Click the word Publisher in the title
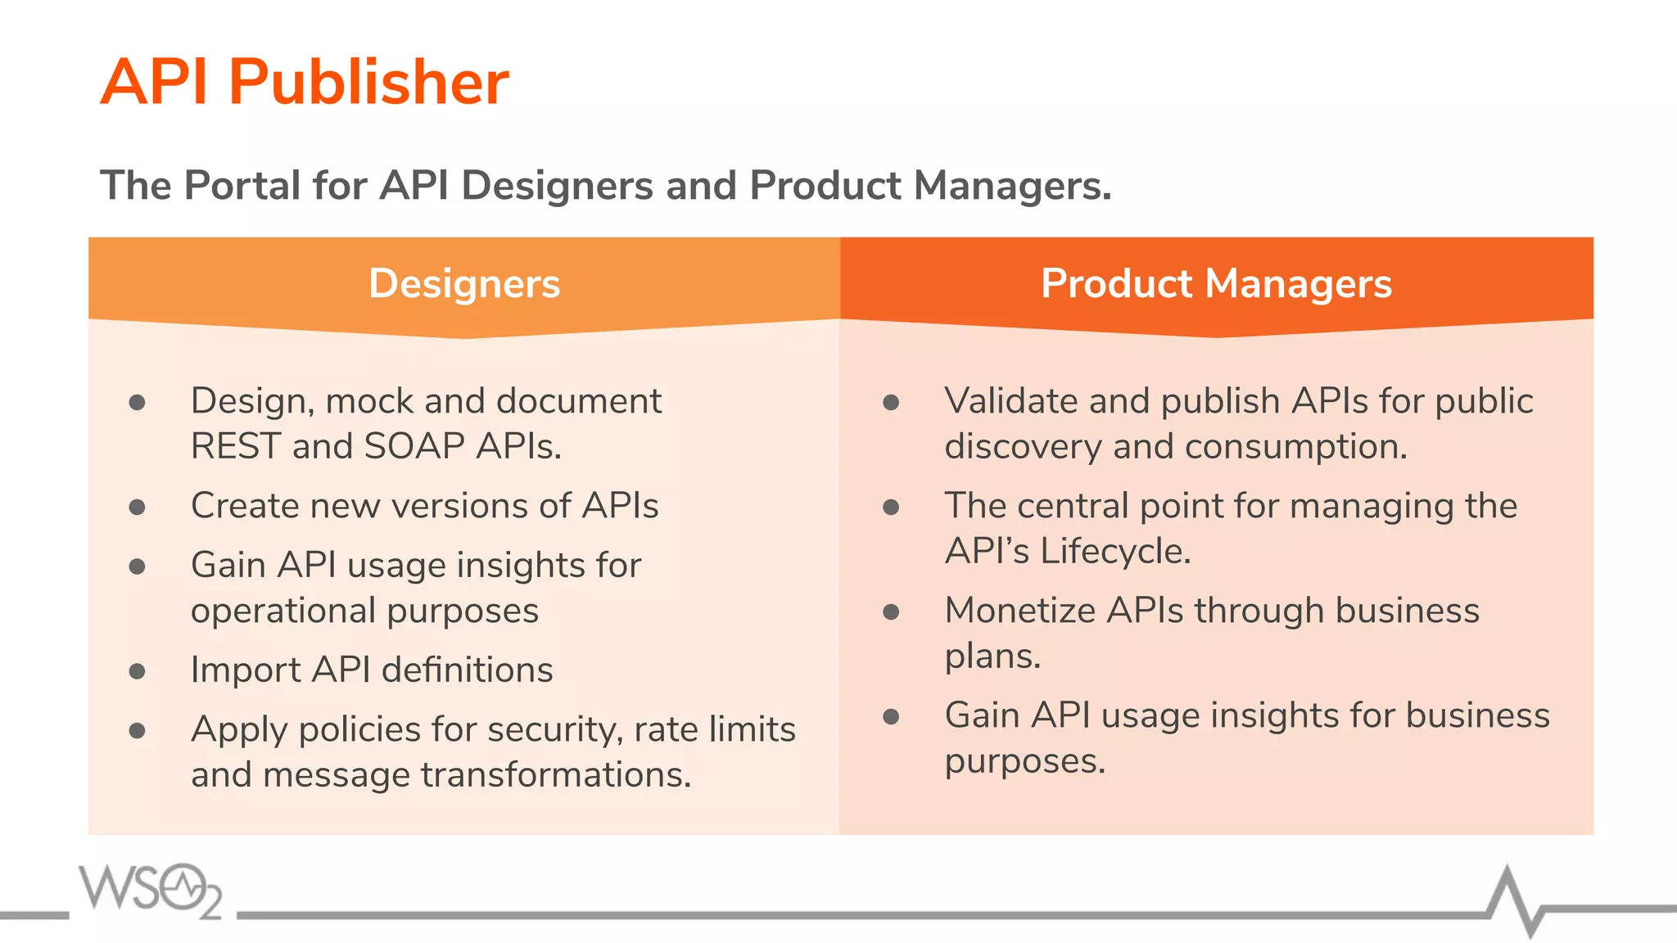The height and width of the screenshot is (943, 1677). click(x=368, y=83)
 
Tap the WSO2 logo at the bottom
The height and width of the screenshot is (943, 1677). click(x=150, y=891)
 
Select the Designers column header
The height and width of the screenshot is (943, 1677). click(x=464, y=284)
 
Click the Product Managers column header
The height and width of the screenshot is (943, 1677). click(x=1216, y=284)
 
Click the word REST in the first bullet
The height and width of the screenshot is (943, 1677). click(x=236, y=447)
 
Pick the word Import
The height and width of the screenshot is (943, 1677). click(x=246, y=670)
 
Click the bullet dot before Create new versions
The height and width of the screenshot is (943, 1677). click(x=138, y=508)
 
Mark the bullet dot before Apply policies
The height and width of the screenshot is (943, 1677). click(x=138, y=730)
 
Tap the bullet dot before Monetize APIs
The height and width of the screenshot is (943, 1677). click(x=891, y=612)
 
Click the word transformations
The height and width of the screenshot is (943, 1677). click(x=556, y=775)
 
